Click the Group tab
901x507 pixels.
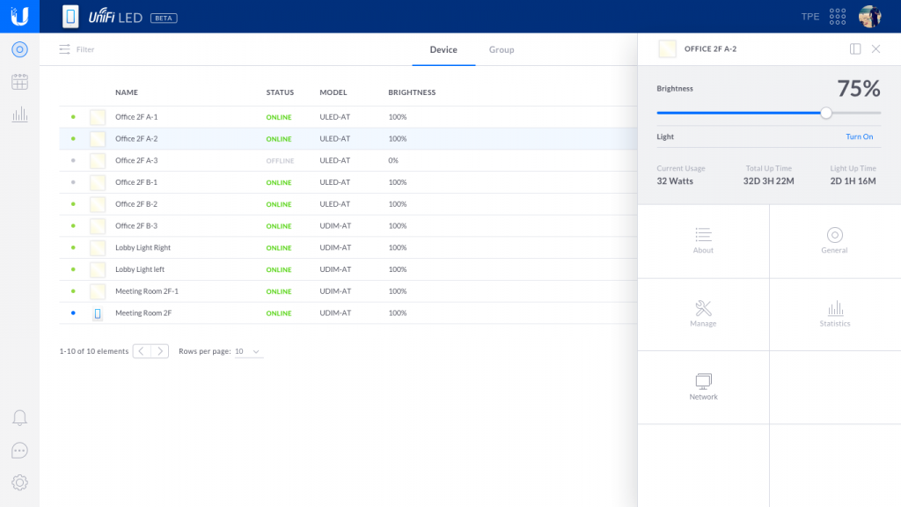[x=502, y=50]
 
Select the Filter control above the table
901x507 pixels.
[x=77, y=50]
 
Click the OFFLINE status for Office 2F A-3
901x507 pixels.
[x=280, y=161]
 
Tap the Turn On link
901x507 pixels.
[x=859, y=137]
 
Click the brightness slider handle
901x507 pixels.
[x=826, y=113]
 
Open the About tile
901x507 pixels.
[x=703, y=240]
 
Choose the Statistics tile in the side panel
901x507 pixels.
[x=835, y=314]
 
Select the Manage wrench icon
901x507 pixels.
[x=703, y=308]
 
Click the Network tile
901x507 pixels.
[x=703, y=387]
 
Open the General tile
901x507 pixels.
[x=835, y=240]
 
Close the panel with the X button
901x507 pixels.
[x=875, y=49]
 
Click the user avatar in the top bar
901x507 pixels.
[x=869, y=17]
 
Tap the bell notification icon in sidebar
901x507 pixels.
[x=19, y=418]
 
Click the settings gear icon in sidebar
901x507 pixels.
[x=19, y=482]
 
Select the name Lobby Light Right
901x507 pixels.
[x=143, y=248]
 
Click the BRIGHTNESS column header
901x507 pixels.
[x=412, y=92]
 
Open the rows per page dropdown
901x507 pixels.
[x=248, y=351]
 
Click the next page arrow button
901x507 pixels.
[x=159, y=351]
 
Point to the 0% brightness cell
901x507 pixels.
[x=393, y=161]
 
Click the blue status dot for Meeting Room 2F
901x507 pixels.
[x=73, y=313]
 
